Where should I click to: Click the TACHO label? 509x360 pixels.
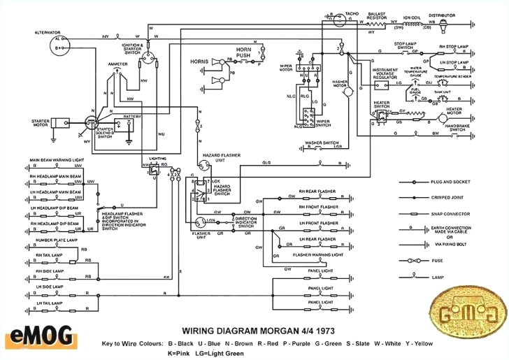352,14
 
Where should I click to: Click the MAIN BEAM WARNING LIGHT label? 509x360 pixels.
62,159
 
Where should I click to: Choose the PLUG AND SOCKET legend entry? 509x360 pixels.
467,181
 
